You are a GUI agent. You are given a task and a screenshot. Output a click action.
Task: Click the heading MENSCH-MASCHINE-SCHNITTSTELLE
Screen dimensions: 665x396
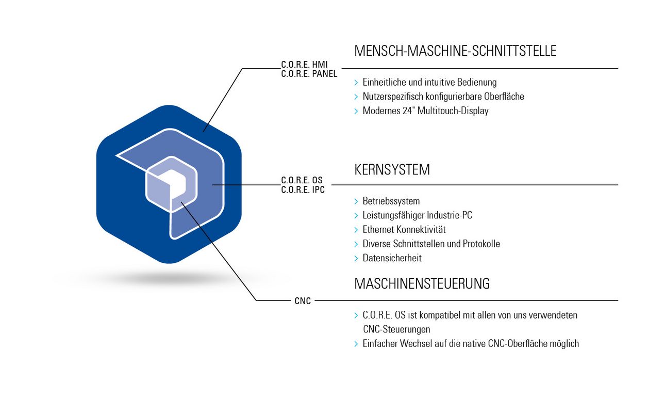[455, 51]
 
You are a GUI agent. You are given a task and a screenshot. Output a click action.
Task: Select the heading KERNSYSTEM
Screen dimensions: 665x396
[392, 170]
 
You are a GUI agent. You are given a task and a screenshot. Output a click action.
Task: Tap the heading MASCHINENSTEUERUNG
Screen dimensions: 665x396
[422, 283]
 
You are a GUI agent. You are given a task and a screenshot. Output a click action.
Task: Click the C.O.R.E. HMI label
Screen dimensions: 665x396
[304, 65]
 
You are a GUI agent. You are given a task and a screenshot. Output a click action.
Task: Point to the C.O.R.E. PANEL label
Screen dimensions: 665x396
[309, 74]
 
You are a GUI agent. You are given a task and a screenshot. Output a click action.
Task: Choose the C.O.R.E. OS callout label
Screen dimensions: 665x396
[302, 180]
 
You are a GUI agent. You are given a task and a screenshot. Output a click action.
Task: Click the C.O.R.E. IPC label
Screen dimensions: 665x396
[303, 189]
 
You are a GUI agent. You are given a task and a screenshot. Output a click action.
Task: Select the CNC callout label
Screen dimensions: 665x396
[303, 301]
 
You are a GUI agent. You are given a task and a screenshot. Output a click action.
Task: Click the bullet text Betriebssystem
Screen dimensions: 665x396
[391, 201]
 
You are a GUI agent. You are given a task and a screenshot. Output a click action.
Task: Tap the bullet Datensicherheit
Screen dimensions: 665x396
[392, 258]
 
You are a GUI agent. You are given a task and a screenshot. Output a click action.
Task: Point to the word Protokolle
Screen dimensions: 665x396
[481, 244]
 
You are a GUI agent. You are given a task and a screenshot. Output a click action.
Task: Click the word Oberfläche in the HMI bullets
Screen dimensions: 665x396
[504, 97]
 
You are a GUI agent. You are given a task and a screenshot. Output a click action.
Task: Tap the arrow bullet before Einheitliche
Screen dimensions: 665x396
[356, 83]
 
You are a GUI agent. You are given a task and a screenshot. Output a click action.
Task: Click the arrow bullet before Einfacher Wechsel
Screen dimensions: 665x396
[356, 344]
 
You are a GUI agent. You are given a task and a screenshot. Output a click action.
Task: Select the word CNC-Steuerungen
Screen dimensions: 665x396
[396, 329]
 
